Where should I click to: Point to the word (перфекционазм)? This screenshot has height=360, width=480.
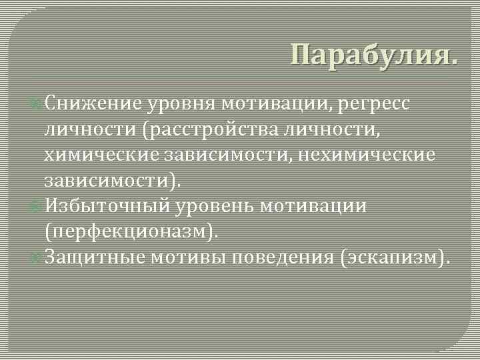(131, 231)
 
